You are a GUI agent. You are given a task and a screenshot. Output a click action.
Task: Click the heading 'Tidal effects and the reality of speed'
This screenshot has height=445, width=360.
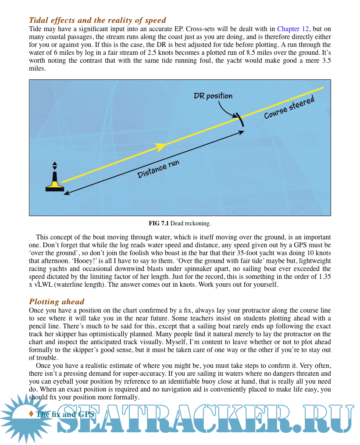tap(97, 20)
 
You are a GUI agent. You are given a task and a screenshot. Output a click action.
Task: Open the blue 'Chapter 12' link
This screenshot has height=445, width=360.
tap(293, 29)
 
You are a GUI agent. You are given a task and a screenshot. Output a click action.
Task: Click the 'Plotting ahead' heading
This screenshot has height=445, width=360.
tap(57, 302)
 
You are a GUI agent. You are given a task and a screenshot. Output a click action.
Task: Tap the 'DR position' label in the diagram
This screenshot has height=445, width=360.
tap(213, 96)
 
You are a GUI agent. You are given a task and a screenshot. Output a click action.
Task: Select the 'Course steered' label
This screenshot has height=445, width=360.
tap(289, 108)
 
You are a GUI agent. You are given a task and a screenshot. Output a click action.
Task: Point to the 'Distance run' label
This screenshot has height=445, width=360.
tap(158, 169)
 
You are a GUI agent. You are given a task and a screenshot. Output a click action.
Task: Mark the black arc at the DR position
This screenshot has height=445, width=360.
tap(239, 119)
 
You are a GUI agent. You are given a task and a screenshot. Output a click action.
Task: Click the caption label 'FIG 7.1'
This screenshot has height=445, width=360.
tap(159, 224)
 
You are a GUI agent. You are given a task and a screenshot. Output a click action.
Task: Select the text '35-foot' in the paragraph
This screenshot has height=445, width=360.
tap(248, 253)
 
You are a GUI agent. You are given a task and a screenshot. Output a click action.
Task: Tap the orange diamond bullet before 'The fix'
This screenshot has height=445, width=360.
tap(31, 414)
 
